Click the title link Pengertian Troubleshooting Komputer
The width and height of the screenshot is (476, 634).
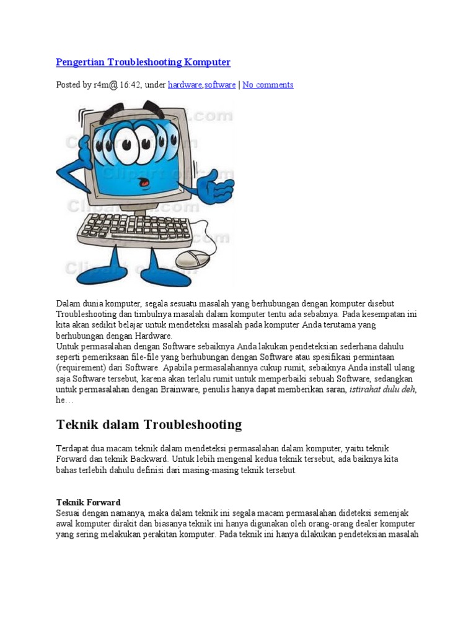pos(143,62)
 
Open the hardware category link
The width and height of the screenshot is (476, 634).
pos(185,85)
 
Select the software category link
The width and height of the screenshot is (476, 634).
pos(220,85)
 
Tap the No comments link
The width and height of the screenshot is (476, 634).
pos(268,85)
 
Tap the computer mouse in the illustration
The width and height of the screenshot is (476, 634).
pos(194,258)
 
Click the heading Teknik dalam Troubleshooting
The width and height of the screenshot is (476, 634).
pos(149,425)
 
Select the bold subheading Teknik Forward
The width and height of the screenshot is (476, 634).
pos(88,502)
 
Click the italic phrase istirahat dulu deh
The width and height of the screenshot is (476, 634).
pos(382,389)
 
